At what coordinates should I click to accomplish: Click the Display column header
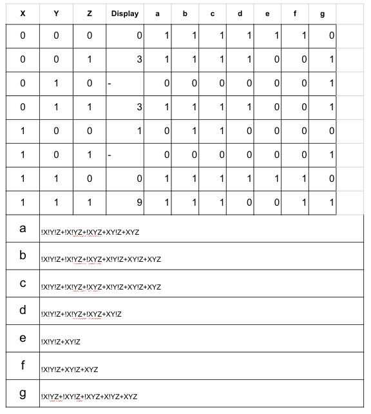click(124, 13)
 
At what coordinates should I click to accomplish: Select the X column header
click(23, 13)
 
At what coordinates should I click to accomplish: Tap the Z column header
click(90, 13)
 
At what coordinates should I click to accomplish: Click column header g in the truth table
click(323, 13)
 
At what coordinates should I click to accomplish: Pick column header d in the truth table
click(240, 13)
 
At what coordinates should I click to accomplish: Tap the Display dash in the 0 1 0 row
click(109, 83)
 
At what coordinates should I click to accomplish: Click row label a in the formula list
click(23, 228)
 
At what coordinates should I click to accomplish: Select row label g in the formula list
click(23, 393)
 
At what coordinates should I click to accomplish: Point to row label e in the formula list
click(23, 337)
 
